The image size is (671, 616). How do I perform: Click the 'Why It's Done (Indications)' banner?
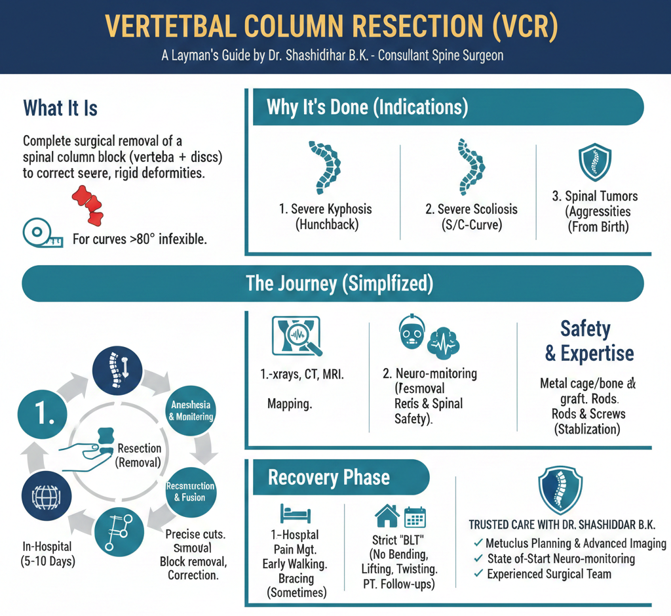point(367,107)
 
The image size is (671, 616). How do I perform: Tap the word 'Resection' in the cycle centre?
point(139,449)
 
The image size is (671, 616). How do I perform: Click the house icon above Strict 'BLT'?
point(387,516)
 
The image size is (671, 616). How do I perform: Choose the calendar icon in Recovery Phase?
point(415,518)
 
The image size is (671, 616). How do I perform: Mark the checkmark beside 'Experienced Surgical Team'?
point(478,574)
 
